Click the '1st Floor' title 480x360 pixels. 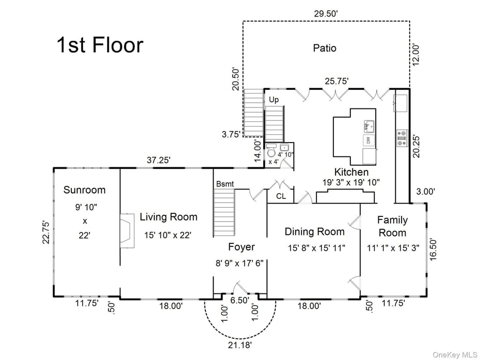[100, 45]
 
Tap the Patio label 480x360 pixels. [325, 48]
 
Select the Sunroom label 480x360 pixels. [84, 190]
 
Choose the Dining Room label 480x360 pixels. [315, 232]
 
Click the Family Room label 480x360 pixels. [392, 226]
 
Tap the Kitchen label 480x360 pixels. [351, 172]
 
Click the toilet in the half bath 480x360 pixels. [271, 153]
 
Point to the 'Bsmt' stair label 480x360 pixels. [225, 183]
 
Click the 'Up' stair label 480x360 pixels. [274, 99]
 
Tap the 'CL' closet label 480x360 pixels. [281, 196]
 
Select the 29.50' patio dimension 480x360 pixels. [326, 13]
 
